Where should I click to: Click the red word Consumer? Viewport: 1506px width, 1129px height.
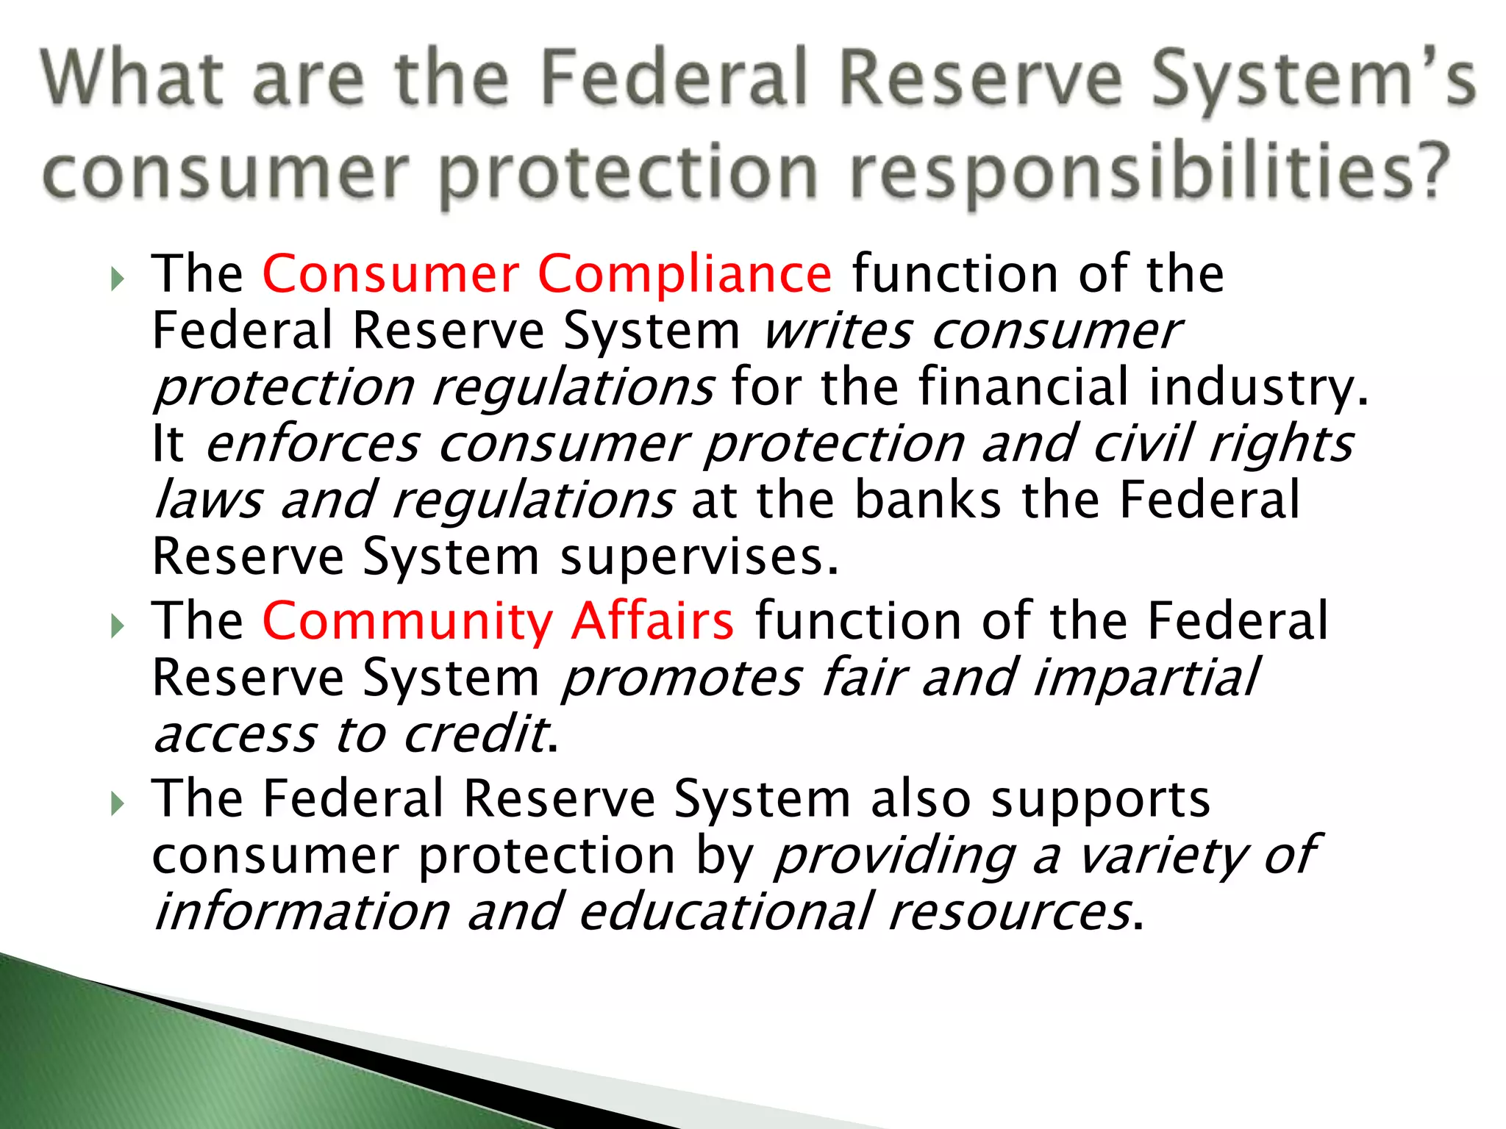tap(390, 274)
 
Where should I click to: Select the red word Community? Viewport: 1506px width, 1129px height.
tap(407, 623)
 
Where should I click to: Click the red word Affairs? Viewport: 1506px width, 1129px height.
tap(652, 621)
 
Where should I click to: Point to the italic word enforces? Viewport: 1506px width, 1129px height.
tap(313, 445)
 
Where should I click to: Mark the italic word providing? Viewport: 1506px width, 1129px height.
tap(894, 857)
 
